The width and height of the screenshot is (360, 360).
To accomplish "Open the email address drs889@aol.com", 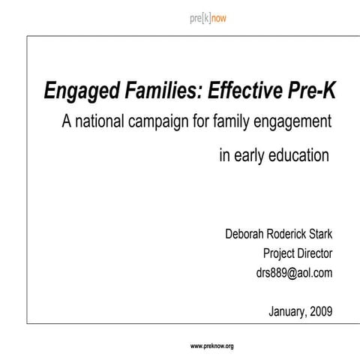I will click(x=294, y=272).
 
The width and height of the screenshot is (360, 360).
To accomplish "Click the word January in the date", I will click(x=287, y=310).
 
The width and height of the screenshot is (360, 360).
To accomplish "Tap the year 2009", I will click(x=326, y=310).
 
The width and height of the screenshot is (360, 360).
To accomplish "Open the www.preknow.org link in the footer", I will click(x=212, y=346).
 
